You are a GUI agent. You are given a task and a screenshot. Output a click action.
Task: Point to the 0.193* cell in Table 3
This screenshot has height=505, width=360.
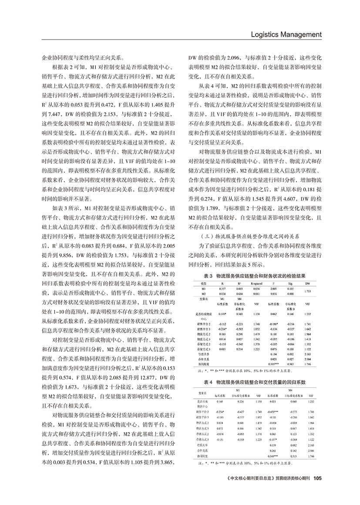222,313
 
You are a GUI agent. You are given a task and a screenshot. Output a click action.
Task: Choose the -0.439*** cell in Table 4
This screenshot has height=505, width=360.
273,411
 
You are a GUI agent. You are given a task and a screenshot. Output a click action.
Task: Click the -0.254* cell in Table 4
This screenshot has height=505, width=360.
219,411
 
